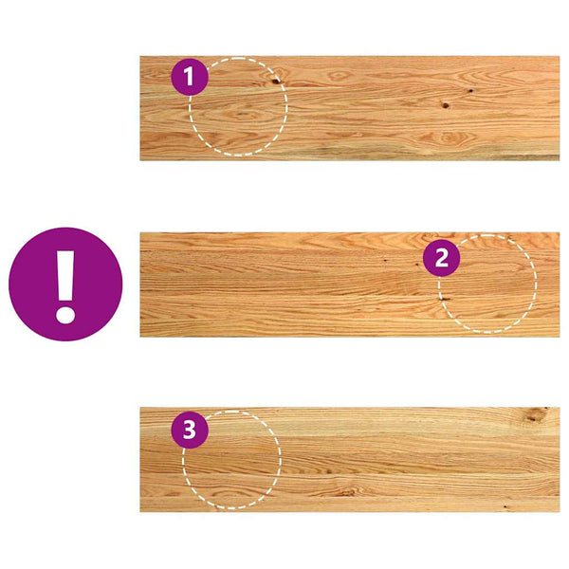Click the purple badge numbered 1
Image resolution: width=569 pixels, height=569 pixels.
click(190, 77)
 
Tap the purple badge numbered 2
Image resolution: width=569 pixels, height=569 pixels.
click(441, 258)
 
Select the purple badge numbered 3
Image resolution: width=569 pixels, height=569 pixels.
click(190, 430)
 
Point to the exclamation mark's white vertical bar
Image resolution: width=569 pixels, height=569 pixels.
click(65, 275)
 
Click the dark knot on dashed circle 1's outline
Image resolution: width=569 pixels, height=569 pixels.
click(277, 81)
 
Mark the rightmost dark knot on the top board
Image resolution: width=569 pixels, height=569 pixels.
click(470, 90)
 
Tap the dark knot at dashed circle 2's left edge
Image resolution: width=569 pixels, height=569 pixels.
click(445, 299)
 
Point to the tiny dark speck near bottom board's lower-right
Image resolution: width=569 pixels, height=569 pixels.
click(505, 505)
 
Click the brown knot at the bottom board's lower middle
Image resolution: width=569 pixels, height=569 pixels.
click(348, 492)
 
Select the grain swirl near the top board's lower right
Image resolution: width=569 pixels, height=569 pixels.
click(449, 138)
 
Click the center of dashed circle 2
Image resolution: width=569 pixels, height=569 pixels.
click(487, 284)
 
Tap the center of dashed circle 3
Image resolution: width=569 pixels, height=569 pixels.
click(231, 460)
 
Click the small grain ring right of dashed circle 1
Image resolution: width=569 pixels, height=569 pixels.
click(340, 76)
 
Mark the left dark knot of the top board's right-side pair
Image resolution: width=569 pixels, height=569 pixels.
click(446, 105)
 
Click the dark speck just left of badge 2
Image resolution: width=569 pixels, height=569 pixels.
click(385, 260)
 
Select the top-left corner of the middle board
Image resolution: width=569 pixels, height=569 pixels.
click(140, 232)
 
